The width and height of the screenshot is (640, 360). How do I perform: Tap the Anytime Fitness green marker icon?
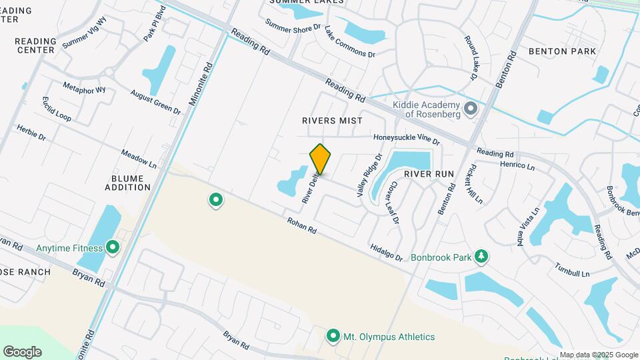click(x=113, y=248)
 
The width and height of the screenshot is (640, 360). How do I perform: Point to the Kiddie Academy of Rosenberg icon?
click(x=471, y=108)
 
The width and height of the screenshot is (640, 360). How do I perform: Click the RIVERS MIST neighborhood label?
click(x=332, y=121)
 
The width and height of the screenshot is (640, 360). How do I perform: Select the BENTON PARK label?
click(x=557, y=51)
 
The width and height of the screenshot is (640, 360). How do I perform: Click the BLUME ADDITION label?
click(x=127, y=183)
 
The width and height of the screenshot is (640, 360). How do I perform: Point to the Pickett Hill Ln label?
click(x=475, y=184)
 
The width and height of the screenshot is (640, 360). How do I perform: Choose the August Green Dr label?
click(x=155, y=101)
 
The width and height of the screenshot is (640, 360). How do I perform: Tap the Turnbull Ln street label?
click(x=572, y=269)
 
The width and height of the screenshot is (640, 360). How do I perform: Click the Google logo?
click(x=22, y=352)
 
